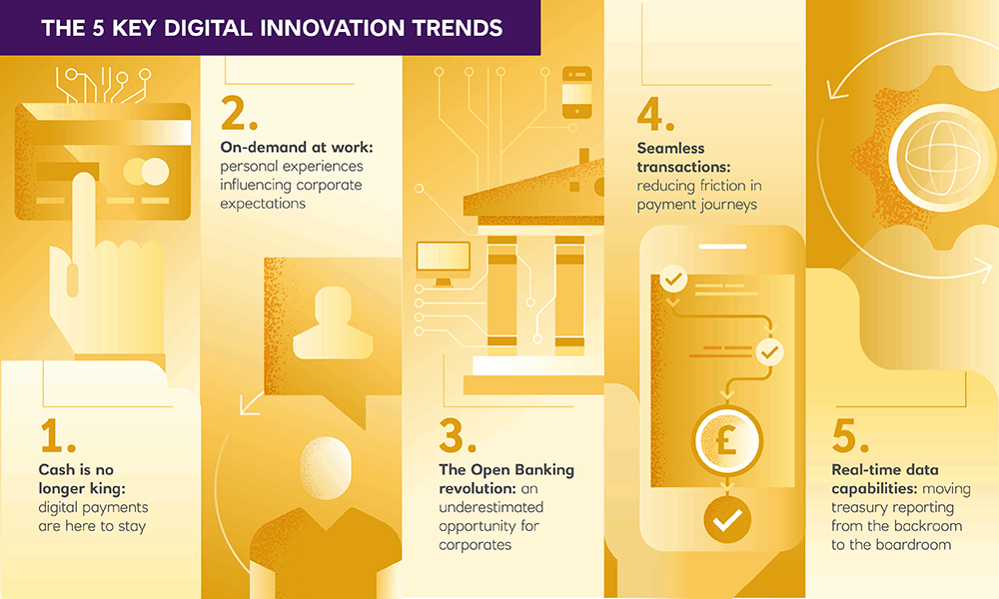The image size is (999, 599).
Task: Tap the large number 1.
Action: tap(57, 436)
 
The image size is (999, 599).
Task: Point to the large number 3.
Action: tap(457, 436)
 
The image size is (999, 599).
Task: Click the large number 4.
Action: tap(655, 114)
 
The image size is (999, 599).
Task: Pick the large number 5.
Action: tap(850, 436)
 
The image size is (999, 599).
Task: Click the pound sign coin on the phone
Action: tap(727, 440)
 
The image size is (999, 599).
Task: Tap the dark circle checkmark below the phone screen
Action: tap(727, 520)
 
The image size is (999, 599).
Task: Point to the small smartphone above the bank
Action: tap(577, 93)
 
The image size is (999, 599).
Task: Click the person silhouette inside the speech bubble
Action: tap(333, 322)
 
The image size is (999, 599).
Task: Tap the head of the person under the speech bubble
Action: tap(326, 468)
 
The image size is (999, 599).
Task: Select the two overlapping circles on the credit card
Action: tap(146, 172)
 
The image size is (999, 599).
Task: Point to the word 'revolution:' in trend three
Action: tap(478, 488)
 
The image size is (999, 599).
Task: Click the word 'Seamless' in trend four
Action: tap(671, 149)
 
